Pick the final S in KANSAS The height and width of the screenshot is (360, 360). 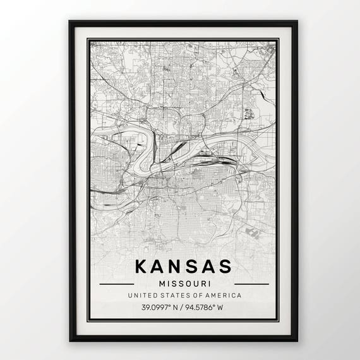point(225,266)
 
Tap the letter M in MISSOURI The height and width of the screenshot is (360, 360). point(162,284)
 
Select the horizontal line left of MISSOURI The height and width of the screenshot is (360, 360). point(117,284)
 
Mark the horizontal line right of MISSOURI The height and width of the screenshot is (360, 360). point(251,284)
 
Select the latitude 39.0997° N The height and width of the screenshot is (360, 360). point(159,308)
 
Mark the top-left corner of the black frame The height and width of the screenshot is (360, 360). point(70,21)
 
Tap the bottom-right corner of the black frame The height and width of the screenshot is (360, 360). point(296,340)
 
